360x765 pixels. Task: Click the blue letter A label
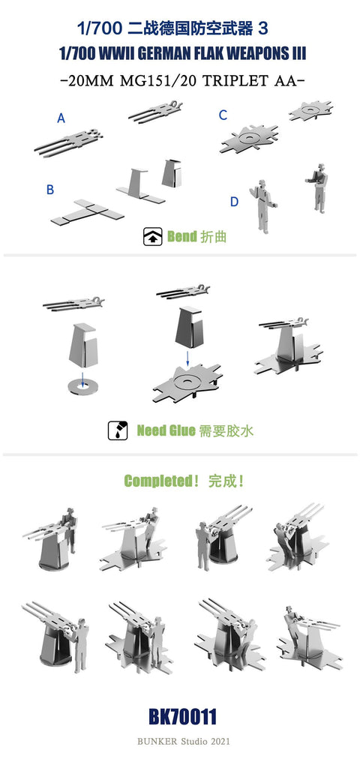(x=61, y=118)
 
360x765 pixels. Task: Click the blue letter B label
(x=50, y=190)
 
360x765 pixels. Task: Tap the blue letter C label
(x=223, y=115)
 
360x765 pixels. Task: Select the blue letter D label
(x=235, y=202)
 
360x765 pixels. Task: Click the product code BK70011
(x=182, y=717)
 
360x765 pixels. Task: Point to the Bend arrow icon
(x=152, y=237)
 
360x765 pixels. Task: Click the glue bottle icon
(x=118, y=430)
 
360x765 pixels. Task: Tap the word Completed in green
(x=158, y=481)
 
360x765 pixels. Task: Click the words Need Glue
(x=166, y=430)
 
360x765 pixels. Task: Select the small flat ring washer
(x=83, y=385)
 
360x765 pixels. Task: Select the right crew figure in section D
(x=317, y=188)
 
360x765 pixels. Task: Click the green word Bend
(x=181, y=237)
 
